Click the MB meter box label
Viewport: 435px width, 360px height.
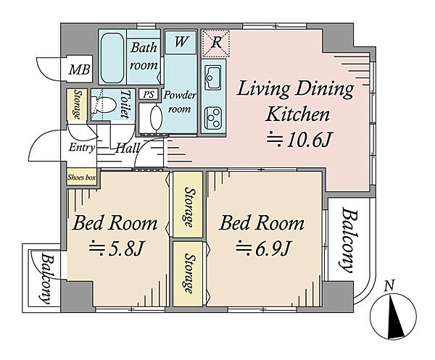[79, 70]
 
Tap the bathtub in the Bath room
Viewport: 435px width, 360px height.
[112, 58]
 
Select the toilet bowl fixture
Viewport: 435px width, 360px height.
[104, 105]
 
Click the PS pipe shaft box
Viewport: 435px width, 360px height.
[149, 94]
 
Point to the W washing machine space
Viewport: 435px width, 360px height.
[181, 42]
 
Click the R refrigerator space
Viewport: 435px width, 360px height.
[216, 43]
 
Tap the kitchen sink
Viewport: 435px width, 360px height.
[212, 76]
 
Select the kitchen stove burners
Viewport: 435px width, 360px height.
[212, 118]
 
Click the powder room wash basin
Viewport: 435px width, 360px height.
[156, 117]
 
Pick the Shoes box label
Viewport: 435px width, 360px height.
[81, 177]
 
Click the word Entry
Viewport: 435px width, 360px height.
[82, 148]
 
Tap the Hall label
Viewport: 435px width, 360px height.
[127, 148]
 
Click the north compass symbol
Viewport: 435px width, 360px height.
[394, 315]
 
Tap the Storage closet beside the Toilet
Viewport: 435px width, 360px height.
[77, 104]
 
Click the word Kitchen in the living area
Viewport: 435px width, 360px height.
[298, 114]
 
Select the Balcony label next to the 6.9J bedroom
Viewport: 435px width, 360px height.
[349, 240]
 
